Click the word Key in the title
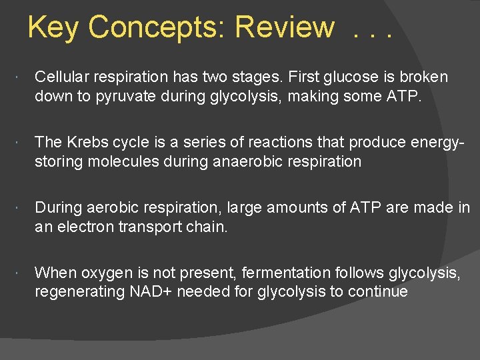(x=55, y=28)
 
